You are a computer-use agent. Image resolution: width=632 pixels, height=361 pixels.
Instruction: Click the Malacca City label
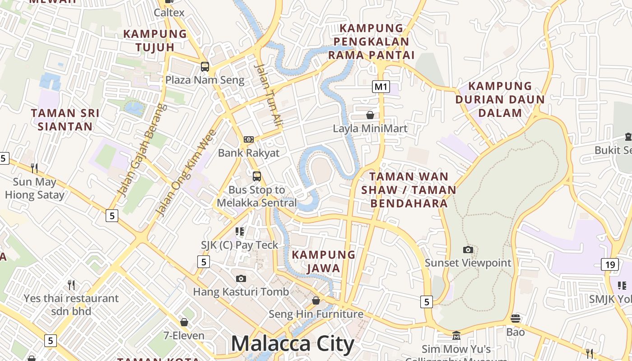(293, 344)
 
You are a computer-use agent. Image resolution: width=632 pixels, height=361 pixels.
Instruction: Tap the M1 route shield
(381, 86)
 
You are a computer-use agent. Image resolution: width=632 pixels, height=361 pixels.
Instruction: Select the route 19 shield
(610, 264)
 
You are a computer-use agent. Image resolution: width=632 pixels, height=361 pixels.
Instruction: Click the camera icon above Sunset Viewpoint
(468, 250)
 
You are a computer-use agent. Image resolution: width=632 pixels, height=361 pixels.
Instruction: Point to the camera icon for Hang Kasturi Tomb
(241, 278)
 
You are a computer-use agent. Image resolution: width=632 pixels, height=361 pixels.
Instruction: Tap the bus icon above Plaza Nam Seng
(205, 67)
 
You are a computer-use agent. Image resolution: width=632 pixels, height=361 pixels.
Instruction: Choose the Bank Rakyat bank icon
(249, 139)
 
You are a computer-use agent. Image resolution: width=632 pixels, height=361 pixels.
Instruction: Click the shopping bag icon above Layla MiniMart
(370, 115)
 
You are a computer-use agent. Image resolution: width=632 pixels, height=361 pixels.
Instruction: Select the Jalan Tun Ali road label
(268, 95)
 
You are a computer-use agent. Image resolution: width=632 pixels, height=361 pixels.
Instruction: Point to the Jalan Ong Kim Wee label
(186, 172)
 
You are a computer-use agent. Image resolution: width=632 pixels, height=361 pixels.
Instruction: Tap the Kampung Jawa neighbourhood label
(323, 261)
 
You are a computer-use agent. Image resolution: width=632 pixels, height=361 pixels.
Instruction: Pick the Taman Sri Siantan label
(65, 120)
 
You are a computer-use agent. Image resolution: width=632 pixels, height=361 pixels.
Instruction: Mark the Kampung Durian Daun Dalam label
(500, 99)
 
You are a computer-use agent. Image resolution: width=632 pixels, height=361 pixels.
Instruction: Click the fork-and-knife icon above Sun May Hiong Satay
(34, 168)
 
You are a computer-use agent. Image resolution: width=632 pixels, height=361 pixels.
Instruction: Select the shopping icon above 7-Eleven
(184, 322)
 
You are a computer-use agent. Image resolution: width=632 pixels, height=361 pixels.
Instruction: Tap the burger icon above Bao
(516, 319)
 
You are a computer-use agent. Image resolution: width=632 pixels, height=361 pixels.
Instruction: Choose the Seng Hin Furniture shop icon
(316, 301)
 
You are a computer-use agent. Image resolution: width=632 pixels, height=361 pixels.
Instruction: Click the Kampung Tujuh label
(155, 40)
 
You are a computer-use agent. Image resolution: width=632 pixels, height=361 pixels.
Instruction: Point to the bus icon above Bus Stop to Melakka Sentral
(256, 176)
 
